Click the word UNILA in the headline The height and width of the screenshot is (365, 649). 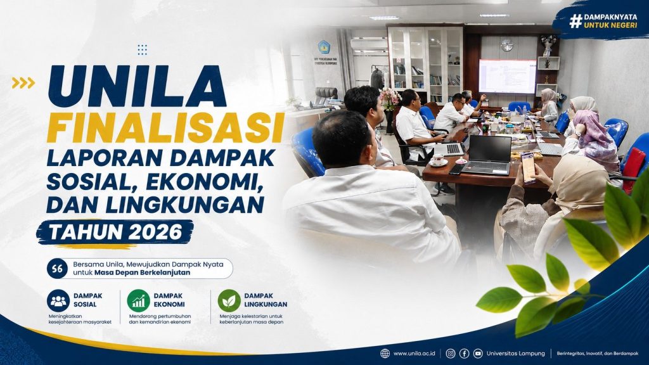click(x=137, y=86)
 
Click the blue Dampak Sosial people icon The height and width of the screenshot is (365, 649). click(x=58, y=301)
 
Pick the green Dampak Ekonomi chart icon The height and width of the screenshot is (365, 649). click(x=138, y=301)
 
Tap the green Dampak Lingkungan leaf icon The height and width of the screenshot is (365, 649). click(x=229, y=301)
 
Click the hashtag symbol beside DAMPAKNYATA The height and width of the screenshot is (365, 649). click(x=575, y=21)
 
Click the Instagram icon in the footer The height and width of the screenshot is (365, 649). click(x=451, y=354)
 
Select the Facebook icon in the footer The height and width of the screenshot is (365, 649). click(x=464, y=354)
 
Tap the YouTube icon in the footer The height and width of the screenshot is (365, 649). click(x=478, y=354)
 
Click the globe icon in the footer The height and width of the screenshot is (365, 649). click(x=385, y=354)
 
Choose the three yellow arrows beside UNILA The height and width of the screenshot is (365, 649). click(x=23, y=83)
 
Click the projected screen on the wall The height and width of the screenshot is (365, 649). click(x=507, y=76)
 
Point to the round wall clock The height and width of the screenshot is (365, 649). click(x=506, y=45)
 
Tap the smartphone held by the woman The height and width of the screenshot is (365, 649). click(x=528, y=167)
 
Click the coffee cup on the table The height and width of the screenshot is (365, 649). click(x=438, y=159)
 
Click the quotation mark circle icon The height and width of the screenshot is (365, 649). click(x=58, y=269)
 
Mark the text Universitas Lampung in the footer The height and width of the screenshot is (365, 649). click(x=516, y=354)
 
